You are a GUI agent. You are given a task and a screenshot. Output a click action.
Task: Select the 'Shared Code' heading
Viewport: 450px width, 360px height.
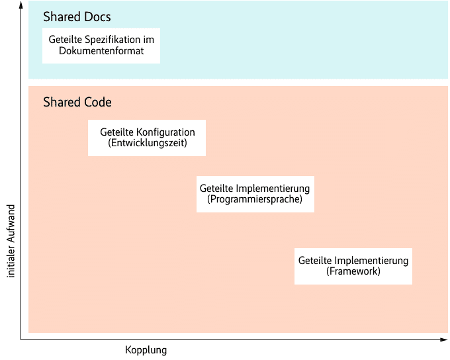77,103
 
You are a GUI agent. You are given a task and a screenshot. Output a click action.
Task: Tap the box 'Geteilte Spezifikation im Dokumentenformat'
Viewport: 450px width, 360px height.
101,45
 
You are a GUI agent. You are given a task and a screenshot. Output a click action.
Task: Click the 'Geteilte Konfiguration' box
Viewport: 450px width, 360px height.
147,138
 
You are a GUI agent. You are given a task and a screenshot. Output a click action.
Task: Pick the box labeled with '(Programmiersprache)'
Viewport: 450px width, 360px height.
255,194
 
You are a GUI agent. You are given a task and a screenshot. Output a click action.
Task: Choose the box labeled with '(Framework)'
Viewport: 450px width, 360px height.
353,266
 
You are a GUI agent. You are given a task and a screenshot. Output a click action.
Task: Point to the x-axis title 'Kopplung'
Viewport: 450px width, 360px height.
146,350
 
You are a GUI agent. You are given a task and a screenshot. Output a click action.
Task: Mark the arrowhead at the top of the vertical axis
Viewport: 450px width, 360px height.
21,5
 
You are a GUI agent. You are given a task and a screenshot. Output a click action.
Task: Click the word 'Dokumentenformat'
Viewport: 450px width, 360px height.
101,51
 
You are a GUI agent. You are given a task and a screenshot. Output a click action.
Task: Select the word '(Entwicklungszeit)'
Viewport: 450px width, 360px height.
147,143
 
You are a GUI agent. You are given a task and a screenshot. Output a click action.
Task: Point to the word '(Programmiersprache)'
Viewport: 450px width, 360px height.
255,199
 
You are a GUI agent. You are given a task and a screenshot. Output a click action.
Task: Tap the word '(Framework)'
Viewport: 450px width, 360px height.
353,271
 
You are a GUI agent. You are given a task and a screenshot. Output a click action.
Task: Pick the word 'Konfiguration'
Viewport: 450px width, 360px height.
161,132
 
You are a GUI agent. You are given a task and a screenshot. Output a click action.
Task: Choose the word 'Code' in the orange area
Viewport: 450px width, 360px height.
97,103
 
